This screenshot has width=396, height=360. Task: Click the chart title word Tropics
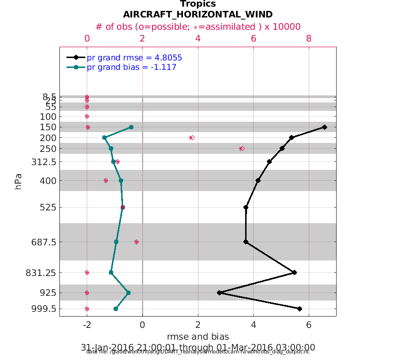tap(198, 4)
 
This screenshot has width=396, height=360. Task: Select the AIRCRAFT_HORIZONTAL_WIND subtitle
tap(198, 15)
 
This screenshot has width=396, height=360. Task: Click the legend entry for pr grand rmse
tap(134, 58)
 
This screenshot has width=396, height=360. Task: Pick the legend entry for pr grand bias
tap(132, 67)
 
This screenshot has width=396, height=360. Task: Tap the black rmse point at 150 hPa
tap(324, 127)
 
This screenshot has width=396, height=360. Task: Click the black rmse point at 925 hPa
tap(219, 293)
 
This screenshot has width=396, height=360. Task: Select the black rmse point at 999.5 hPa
tap(300, 309)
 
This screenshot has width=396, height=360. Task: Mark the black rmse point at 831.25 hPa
tap(295, 272)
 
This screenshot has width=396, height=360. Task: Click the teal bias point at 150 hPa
tap(131, 127)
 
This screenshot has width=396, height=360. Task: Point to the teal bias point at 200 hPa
tap(104, 137)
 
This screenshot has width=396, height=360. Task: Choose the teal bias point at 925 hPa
tap(128, 293)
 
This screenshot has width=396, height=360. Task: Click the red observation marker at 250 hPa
tap(241, 148)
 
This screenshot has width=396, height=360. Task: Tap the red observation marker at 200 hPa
tap(192, 137)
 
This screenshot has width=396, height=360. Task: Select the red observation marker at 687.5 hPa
tap(136, 242)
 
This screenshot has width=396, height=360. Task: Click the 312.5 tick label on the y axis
tap(44, 162)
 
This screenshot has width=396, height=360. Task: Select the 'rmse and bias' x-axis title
tap(198, 336)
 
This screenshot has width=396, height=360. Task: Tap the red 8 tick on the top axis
tap(309, 39)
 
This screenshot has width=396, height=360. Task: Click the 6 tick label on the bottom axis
tap(309, 325)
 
